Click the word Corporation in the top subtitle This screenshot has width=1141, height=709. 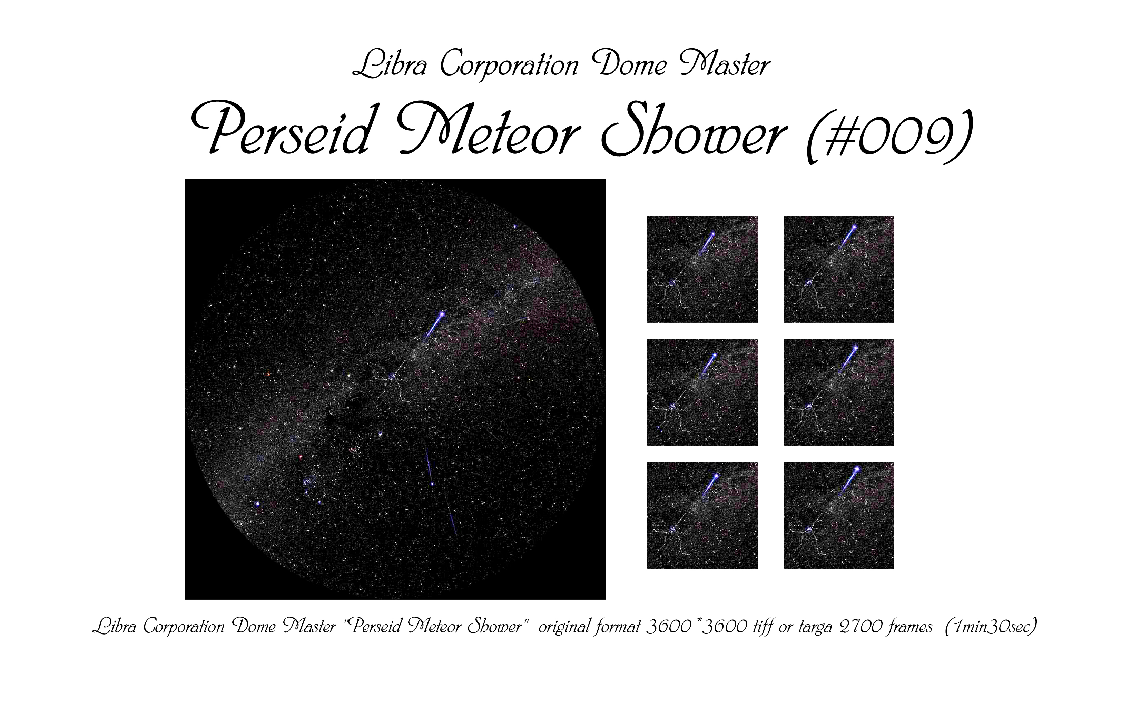tap(509, 66)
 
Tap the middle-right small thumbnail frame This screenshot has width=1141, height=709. tap(839, 392)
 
